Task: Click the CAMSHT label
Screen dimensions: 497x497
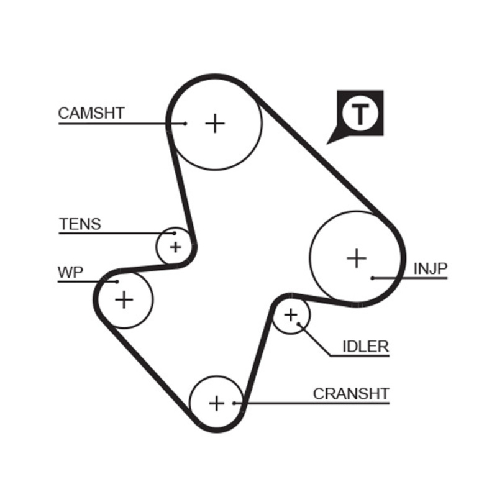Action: tap(91, 113)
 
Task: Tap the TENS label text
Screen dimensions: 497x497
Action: tap(80, 224)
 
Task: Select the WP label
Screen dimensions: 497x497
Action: tap(70, 272)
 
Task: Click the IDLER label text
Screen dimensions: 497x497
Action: tap(365, 347)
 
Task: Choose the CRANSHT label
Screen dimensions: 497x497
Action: tap(351, 394)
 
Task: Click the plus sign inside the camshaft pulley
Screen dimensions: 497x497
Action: tap(215, 123)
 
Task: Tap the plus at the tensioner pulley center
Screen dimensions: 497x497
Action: tap(175, 247)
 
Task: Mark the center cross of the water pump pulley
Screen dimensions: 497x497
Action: tap(124, 300)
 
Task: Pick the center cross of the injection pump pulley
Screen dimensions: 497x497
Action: tap(357, 258)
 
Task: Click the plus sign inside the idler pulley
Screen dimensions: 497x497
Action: tap(290, 316)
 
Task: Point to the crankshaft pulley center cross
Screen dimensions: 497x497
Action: tap(216, 403)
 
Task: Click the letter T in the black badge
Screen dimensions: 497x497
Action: tap(360, 113)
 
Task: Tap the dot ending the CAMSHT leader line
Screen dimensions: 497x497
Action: tap(185, 124)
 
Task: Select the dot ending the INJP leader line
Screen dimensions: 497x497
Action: tap(372, 278)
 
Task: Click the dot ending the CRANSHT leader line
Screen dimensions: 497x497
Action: tap(234, 403)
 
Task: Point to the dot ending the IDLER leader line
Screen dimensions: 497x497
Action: tap(299, 324)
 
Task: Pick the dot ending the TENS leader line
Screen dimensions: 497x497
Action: tap(175, 234)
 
